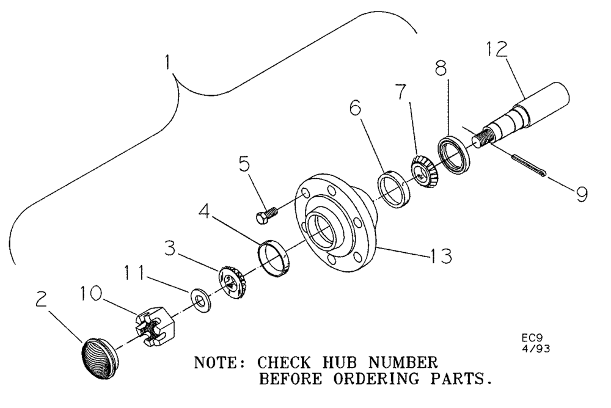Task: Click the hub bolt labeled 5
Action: (266, 214)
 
